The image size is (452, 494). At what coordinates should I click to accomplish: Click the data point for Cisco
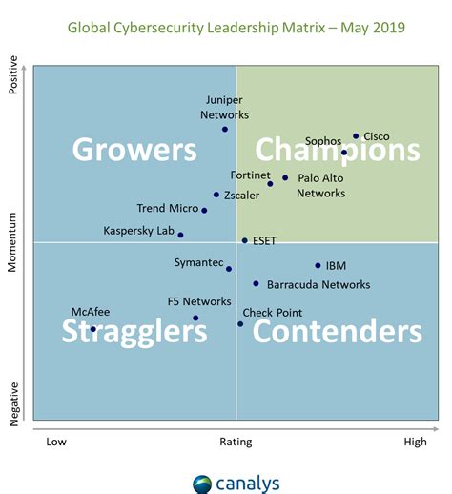[356, 136]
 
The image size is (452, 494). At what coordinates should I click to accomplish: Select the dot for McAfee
[92, 329]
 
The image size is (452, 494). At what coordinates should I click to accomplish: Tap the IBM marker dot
[318, 266]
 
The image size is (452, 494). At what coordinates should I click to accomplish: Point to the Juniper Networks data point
[225, 129]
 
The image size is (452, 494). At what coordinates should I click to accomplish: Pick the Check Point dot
[240, 324]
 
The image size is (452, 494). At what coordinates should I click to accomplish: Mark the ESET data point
[244, 241]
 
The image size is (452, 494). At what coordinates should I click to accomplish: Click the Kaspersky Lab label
[138, 230]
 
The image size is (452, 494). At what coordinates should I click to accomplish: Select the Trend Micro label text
[167, 208]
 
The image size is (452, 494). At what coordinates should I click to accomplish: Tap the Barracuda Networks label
[318, 284]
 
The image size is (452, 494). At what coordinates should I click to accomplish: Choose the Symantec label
[198, 262]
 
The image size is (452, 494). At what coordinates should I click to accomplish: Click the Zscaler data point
[216, 195]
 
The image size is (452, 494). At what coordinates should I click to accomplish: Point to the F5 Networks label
[199, 301]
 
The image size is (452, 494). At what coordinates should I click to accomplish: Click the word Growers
[134, 150]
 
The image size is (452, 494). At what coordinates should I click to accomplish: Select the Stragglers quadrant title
[134, 331]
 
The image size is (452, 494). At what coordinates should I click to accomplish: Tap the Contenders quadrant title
[337, 331]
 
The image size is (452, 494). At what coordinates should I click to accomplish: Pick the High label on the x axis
[415, 442]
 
